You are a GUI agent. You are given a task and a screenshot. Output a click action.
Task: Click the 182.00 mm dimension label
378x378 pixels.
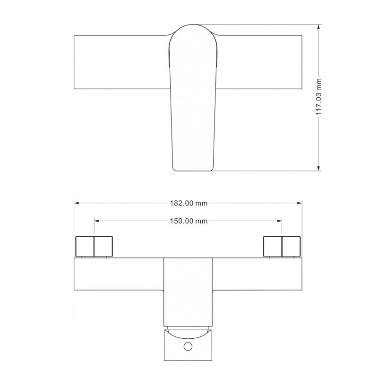pyautogui.click(x=188, y=203)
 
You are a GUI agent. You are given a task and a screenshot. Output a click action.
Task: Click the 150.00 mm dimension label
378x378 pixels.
pyautogui.click(x=188, y=221)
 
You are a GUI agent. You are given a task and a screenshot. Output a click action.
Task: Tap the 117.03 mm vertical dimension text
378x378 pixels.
pyautogui.click(x=319, y=97)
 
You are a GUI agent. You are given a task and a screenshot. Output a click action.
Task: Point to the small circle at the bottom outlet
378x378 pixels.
pyautogui.click(x=188, y=347)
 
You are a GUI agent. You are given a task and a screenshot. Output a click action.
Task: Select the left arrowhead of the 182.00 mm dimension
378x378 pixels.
pyautogui.click(x=77, y=203)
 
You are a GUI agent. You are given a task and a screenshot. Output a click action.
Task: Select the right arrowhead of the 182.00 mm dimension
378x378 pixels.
pyautogui.click(x=299, y=203)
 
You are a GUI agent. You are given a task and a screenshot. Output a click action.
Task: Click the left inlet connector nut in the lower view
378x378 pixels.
pyautogui.click(x=94, y=246)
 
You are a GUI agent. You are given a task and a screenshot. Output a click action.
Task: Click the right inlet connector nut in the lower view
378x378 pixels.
pyautogui.click(x=282, y=246)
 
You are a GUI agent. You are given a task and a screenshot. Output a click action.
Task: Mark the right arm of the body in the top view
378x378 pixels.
pyautogui.click(x=259, y=62)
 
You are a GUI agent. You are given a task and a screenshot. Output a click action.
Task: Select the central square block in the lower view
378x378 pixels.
pyautogui.click(x=188, y=291)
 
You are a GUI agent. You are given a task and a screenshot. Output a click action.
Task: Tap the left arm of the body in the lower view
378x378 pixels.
pyautogui.click(x=118, y=274)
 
